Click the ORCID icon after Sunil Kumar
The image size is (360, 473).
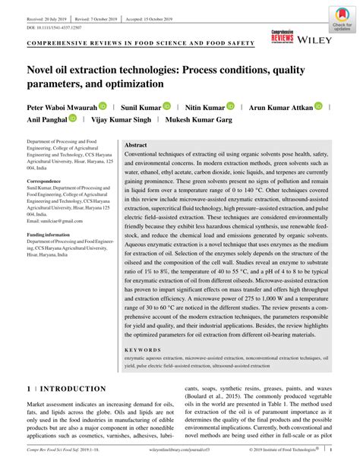tap(166, 107)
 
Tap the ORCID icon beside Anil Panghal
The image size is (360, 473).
tap(73, 119)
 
